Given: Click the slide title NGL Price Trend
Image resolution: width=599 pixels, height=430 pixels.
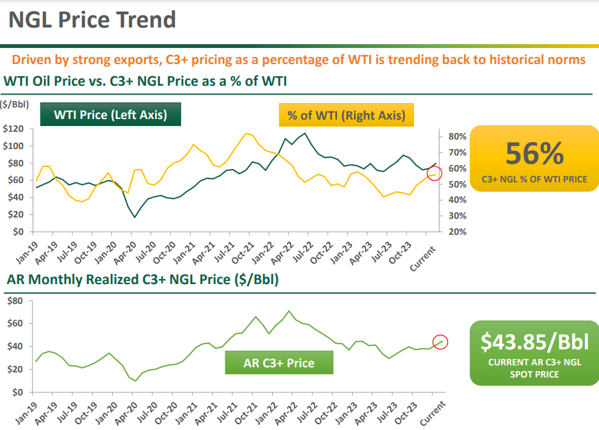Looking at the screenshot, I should point(92,20).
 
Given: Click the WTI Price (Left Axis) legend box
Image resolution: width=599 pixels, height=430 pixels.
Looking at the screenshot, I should point(110,115).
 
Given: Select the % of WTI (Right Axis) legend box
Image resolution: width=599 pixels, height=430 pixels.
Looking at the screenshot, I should point(346,116).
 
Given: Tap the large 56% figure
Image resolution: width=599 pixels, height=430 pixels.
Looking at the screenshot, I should point(534,154).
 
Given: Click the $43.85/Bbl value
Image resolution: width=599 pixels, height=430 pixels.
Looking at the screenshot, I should point(534,342).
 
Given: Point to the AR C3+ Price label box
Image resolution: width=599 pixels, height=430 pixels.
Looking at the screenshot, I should point(279,363).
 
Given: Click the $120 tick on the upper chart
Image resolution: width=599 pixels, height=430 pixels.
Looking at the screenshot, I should point(13,129).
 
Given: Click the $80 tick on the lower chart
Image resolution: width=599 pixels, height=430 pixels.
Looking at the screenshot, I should point(15,301).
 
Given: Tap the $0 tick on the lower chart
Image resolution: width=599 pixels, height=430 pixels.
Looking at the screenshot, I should point(18,392).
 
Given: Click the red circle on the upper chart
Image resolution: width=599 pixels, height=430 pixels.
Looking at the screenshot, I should point(435,173).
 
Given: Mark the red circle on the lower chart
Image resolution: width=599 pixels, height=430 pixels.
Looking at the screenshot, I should point(440,342).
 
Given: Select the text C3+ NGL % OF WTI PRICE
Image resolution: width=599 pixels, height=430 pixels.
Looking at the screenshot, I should point(534,180).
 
